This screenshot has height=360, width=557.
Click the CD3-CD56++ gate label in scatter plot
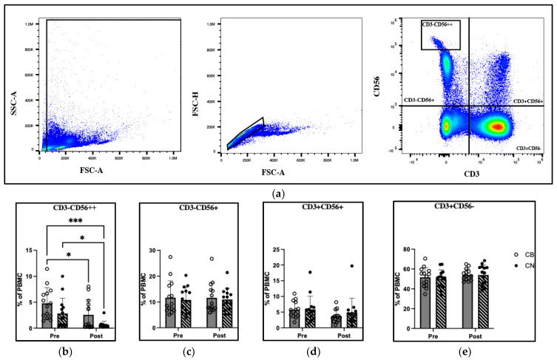tap(439, 24)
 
